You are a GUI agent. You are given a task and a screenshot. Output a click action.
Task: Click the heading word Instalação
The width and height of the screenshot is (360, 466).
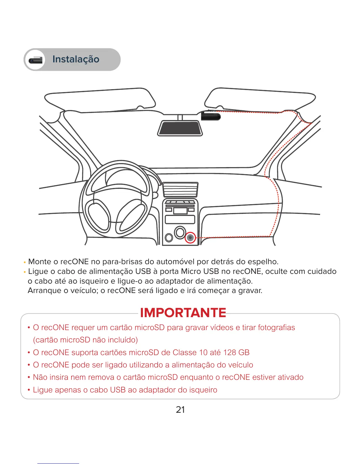(x=76, y=59)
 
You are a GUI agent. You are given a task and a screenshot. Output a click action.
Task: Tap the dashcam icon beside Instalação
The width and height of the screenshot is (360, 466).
(x=36, y=60)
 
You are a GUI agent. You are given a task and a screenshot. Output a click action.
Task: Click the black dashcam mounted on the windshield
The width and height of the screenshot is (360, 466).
(x=211, y=116)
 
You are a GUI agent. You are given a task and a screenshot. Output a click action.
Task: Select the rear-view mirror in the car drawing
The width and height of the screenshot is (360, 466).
(x=180, y=128)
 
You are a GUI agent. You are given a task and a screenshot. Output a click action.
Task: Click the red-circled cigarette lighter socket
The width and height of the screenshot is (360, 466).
(x=190, y=237)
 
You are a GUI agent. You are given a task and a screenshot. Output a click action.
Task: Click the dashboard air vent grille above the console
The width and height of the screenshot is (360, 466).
(x=180, y=189)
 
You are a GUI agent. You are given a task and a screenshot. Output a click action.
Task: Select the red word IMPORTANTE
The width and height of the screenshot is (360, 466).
(x=183, y=313)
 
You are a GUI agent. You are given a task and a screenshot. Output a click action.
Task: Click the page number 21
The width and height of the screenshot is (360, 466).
(x=180, y=410)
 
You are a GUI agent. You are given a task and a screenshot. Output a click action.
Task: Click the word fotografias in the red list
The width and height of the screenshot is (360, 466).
(x=276, y=327)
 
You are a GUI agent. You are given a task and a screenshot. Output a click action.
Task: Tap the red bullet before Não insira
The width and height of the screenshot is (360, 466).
(x=29, y=377)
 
